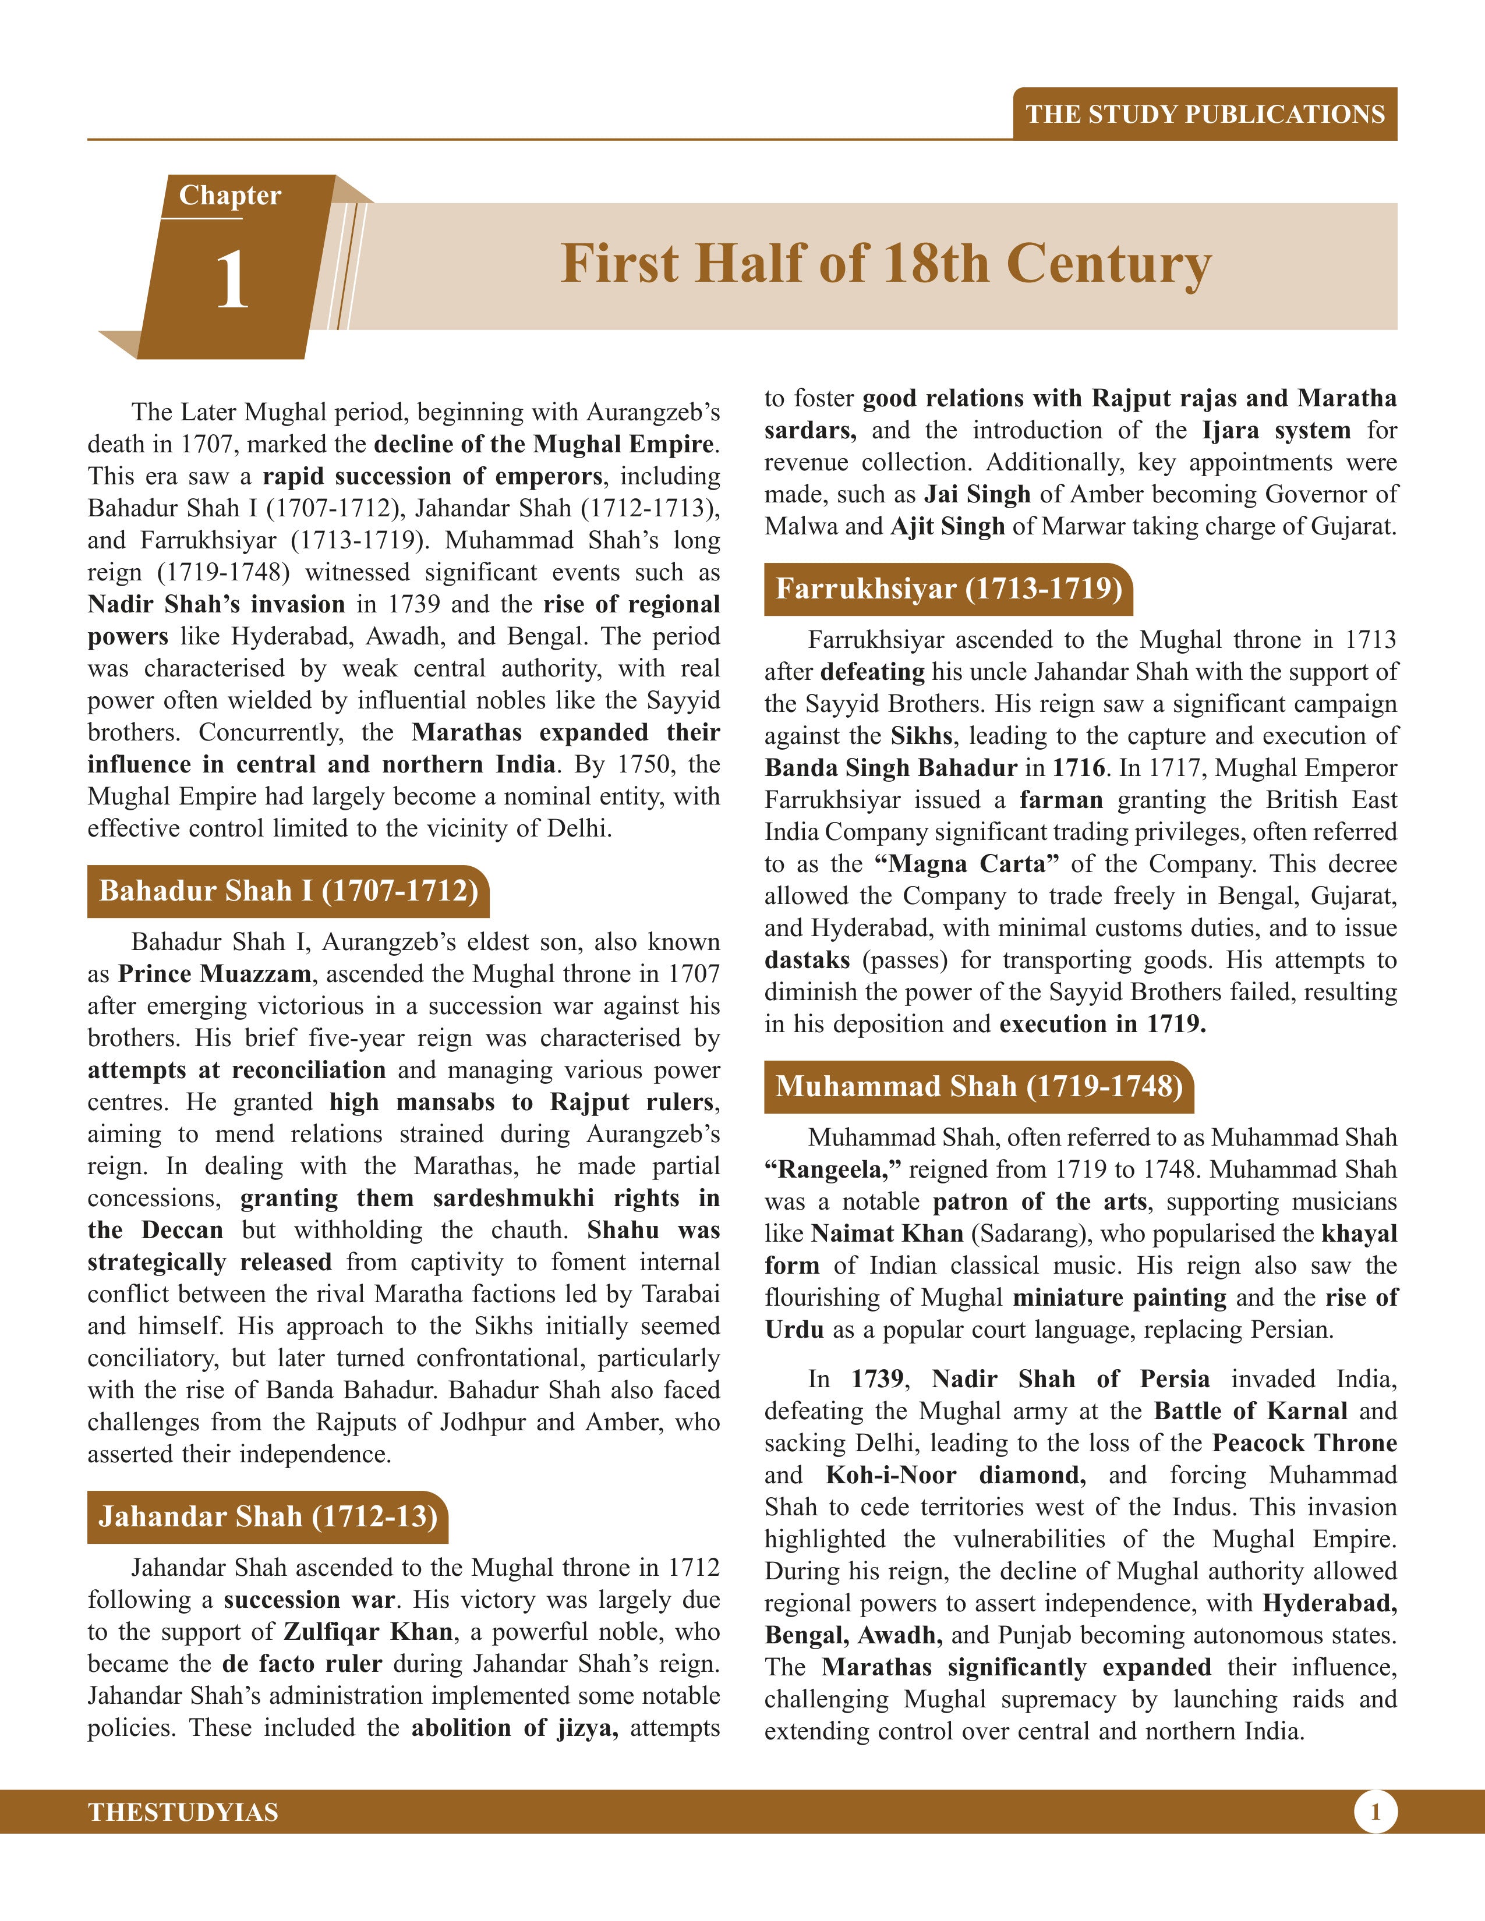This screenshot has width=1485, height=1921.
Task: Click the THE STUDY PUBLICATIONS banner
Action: tap(1204, 114)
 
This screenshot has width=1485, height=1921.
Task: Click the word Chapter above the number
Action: tap(229, 195)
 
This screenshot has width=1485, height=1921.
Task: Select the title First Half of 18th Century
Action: tap(886, 264)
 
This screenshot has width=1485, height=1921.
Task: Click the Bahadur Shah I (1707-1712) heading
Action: tap(288, 891)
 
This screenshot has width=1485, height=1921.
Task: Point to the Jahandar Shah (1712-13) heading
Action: tap(267, 1516)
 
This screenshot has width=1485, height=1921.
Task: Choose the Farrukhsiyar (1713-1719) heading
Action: tap(948, 589)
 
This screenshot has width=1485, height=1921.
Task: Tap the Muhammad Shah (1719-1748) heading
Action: tap(978, 1086)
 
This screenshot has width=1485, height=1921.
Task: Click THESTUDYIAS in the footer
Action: tap(183, 1813)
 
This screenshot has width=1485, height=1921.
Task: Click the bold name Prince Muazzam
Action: tap(215, 974)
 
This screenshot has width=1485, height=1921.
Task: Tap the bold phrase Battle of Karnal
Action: tap(1250, 1411)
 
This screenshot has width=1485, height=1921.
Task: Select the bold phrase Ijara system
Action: tap(1275, 431)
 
